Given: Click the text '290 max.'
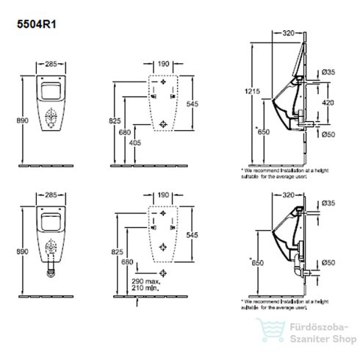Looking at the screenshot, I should coord(145,281).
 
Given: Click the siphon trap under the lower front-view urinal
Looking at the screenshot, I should coord(50,270).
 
